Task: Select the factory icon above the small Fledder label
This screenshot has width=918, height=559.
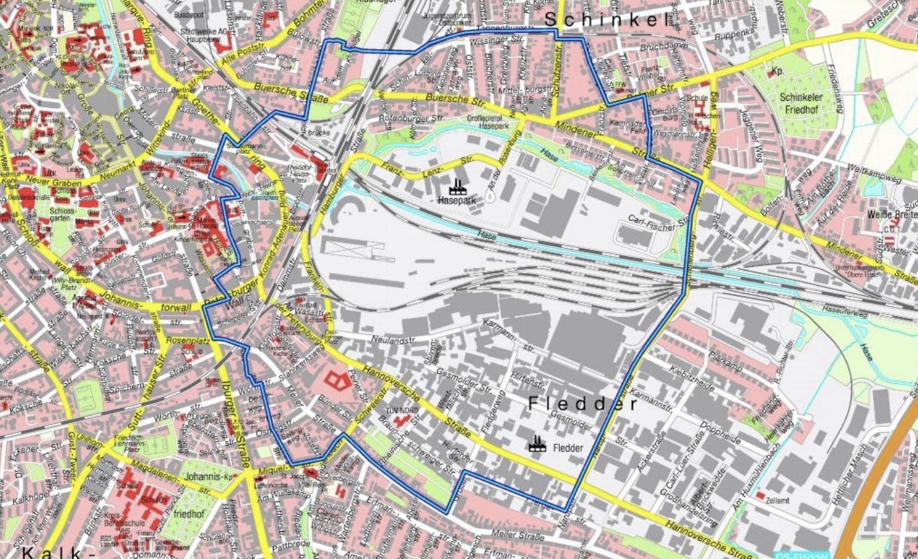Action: [537, 442]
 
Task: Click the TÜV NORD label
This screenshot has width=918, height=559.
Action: [401, 410]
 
